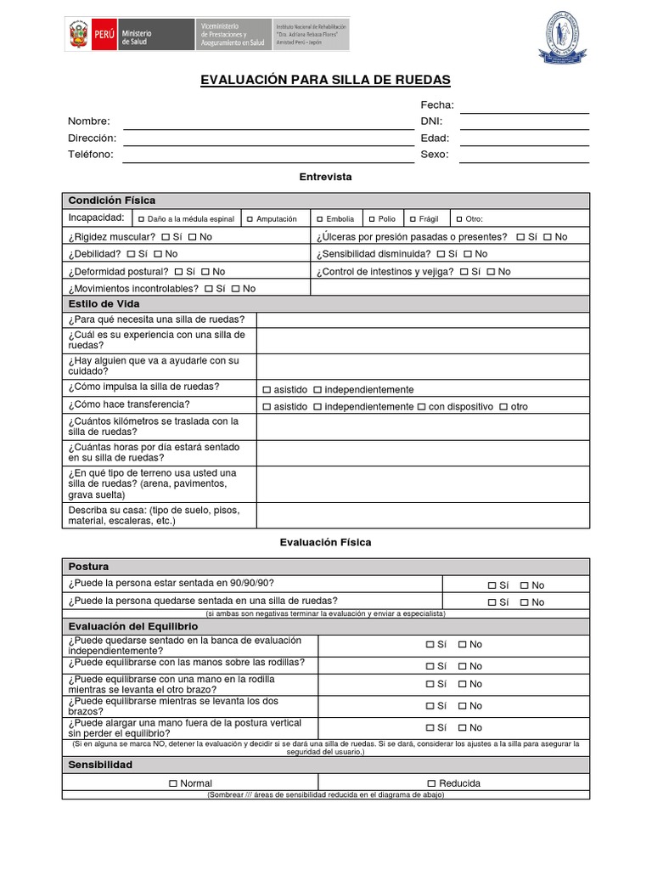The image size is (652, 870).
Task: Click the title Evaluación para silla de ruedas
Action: pos(325,80)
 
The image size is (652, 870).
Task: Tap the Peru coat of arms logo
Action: pos(78,35)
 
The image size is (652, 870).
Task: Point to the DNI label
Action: pos(431,121)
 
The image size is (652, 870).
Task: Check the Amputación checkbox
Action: pos(250,219)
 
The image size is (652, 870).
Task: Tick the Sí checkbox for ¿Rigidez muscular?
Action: pos(166,237)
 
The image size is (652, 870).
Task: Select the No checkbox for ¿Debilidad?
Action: pos(158,254)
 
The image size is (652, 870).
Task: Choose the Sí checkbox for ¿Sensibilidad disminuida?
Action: pos(441,254)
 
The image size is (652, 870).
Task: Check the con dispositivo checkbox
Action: pos(421,407)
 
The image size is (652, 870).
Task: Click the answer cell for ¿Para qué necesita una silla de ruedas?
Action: pos(422,319)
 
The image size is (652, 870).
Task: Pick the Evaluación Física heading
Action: pos(325,542)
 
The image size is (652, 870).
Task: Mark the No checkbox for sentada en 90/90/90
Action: pos(525,585)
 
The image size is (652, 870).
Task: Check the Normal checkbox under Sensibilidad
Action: pos(173,783)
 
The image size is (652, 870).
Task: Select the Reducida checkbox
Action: pos(431,783)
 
